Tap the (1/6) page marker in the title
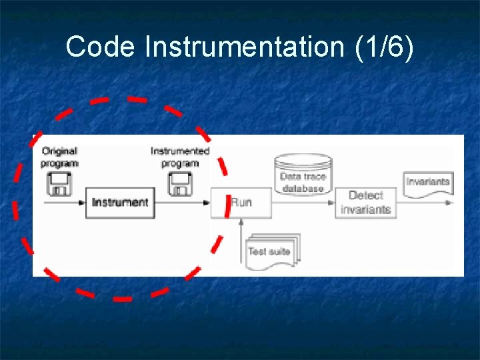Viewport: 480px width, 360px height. [x=385, y=47]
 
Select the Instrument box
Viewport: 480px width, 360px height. [x=120, y=202]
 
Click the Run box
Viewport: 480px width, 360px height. [x=241, y=202]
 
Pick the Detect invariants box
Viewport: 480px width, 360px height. [x=365, y=202]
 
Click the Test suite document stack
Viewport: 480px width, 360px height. [x=273, y=251]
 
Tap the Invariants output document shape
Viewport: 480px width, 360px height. [x=428, y=182]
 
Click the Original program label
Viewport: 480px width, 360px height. [x=59, y=157]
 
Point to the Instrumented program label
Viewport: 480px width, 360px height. [x=180, y=157]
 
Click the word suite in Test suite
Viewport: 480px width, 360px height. [x=280, y=251]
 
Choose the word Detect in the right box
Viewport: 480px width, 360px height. [x=365, y=195]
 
